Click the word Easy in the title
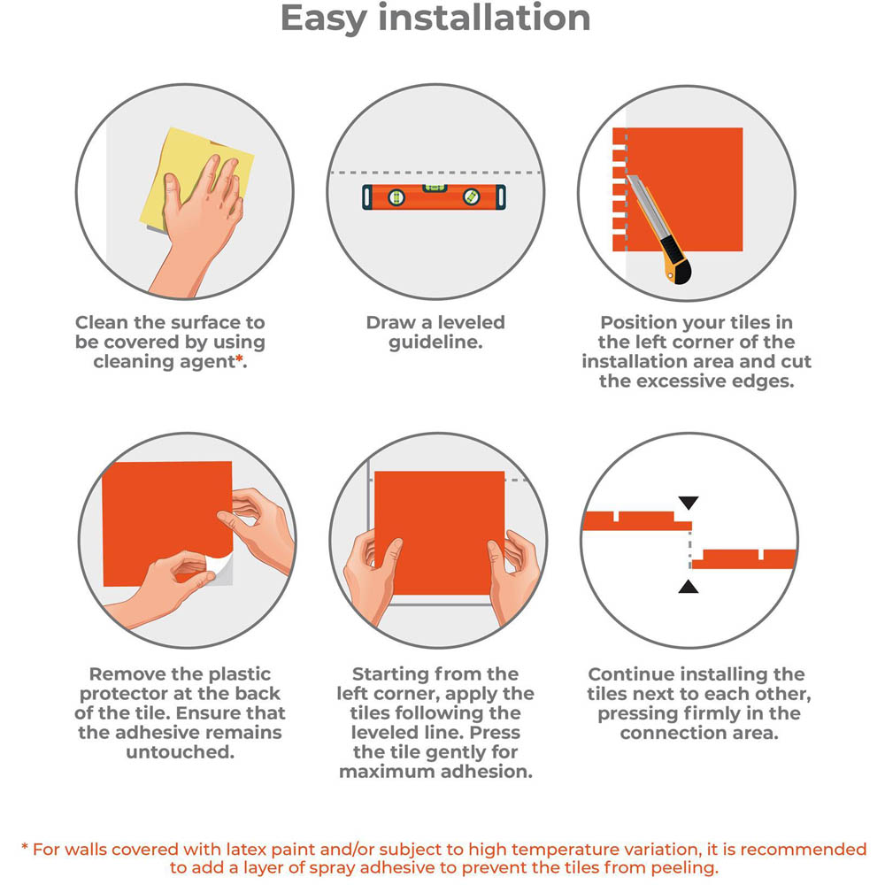324,19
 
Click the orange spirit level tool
434,197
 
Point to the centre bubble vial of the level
435,189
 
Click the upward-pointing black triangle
689,587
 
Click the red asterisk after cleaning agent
239,359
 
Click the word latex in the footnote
247,849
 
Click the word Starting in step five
390,674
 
